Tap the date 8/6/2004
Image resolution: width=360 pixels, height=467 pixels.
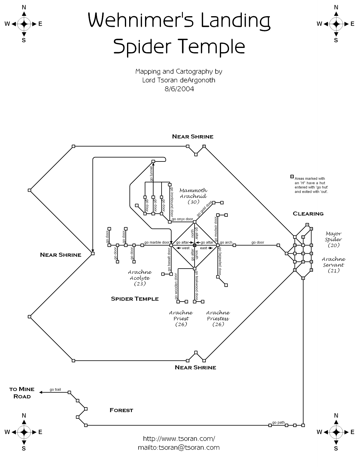[179, 89]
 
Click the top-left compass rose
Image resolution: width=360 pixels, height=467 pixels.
[24, 24]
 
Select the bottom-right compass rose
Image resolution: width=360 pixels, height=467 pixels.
[336, 432]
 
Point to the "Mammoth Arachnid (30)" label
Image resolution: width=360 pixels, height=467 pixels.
[193, 196]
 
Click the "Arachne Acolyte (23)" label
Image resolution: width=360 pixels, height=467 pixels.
[140, 278]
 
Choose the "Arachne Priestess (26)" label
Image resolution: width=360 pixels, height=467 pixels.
[218, 318]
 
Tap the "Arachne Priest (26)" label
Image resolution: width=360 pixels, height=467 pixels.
[181, 318]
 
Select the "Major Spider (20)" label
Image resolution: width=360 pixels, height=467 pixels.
[333, 239]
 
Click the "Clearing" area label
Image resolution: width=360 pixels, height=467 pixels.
[308, 214]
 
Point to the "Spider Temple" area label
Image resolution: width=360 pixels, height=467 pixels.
[135, 299]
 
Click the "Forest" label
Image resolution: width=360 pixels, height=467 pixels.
[121, 410]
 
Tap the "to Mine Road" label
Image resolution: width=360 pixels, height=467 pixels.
[22, 393]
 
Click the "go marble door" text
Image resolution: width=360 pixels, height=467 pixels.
[157, 242]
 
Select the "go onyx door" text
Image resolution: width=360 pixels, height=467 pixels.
[182, 219]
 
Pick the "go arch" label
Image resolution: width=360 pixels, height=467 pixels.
[226, 242]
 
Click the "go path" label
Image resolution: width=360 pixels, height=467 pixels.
[278, 422]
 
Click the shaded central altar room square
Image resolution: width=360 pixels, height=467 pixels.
[195, 245]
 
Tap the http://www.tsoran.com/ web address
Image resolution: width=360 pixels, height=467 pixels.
[179, 439]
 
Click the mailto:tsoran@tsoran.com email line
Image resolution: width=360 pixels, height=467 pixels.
[179, 447]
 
